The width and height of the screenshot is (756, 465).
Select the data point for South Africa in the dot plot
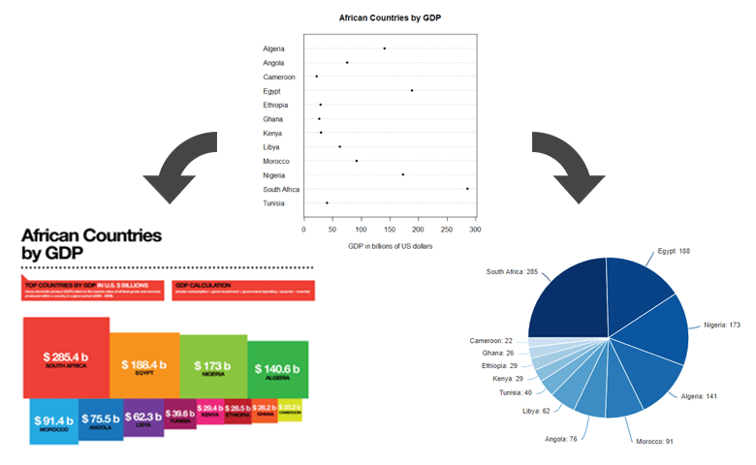click(467, 189)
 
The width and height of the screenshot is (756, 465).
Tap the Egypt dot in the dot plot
click(412, 90)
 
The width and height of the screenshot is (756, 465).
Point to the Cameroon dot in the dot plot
click(317, 76)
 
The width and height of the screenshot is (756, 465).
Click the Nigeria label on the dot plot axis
click(273, 175)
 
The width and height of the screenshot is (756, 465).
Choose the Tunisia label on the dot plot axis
click(273, 203)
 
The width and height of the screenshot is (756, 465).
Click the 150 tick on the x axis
click(390, 231)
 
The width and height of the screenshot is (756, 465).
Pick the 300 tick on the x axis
click(475, 231)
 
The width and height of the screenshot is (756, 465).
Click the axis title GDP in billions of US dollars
click(390, 248)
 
